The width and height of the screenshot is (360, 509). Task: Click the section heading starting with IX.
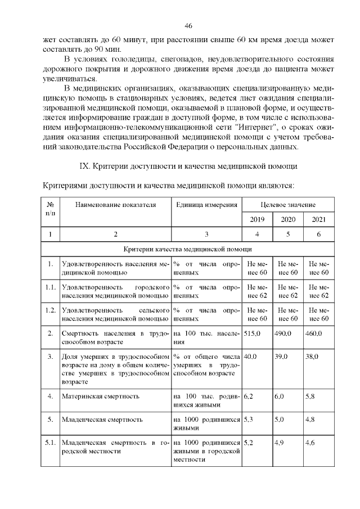(188, 166)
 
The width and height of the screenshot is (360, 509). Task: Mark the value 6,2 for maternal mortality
(249, 397)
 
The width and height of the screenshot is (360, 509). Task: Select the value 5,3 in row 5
(249, 420)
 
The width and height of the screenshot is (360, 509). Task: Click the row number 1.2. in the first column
(51, 310)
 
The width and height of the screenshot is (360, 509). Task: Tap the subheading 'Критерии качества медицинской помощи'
(188, 249)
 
